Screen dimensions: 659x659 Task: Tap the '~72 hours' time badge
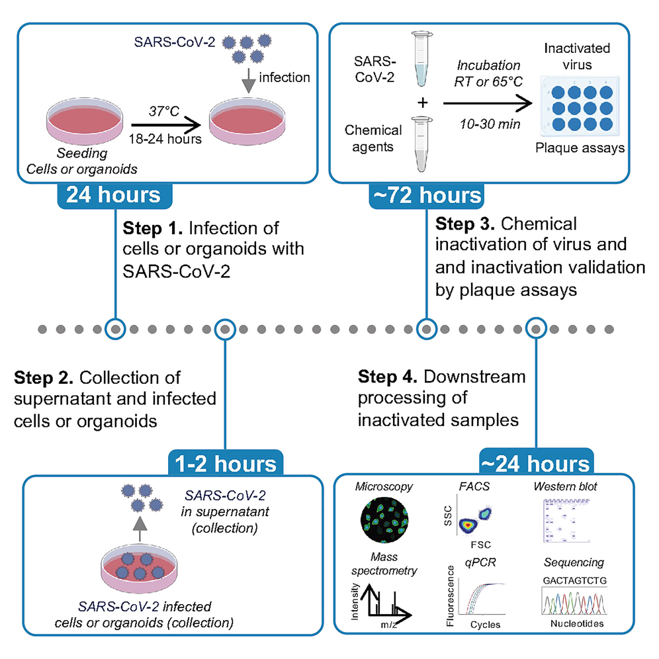[x=425, y=196]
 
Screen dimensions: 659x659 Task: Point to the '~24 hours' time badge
[x=535, y=462]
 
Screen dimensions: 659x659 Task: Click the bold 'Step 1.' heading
[x=153, y=229]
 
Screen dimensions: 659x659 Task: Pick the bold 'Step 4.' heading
[x=388, y=377]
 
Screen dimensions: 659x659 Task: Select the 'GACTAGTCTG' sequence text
[x=574, y=580]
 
